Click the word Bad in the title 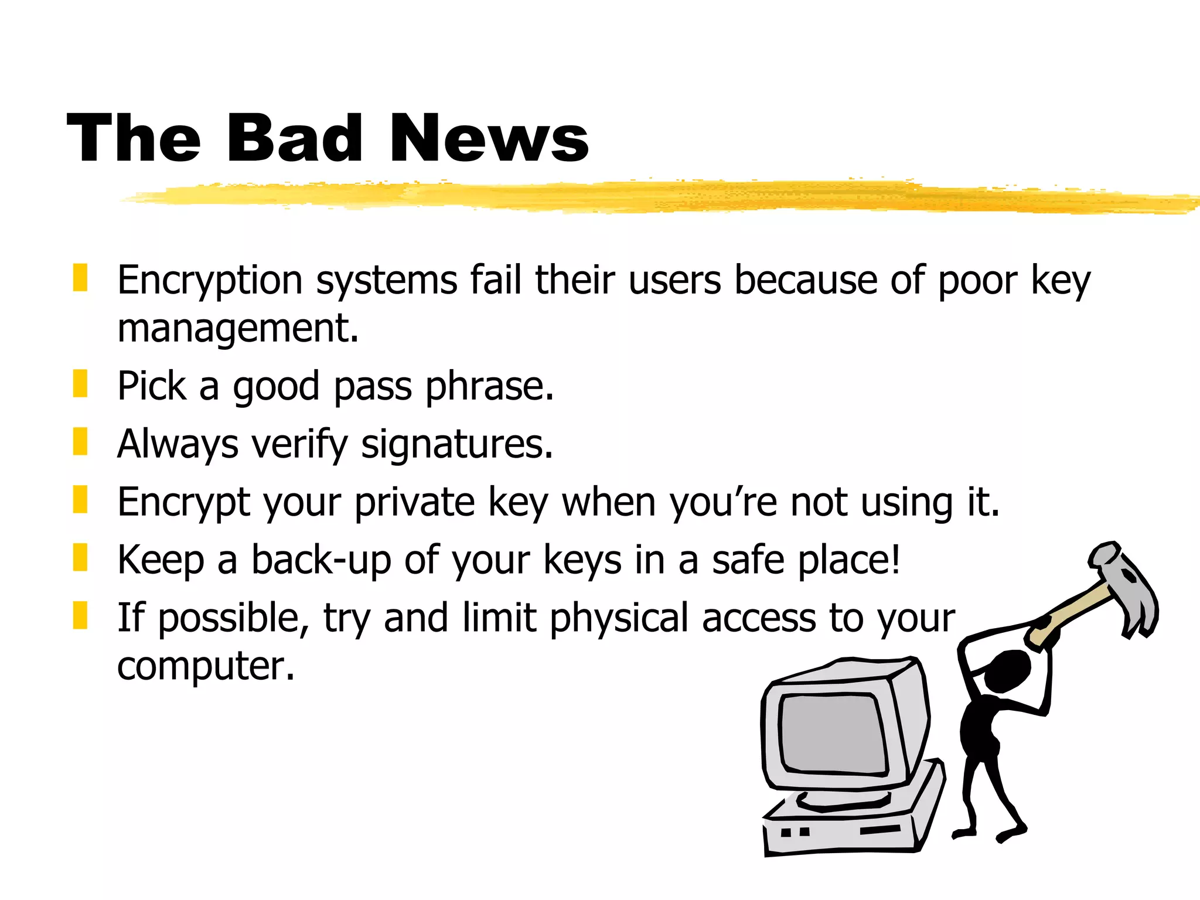[294, 138]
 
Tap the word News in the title [489, 138]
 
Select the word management [237, 328]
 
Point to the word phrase [489, 387]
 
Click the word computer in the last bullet [205, 666]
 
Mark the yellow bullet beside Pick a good [80, 384]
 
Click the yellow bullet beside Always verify [80, 441]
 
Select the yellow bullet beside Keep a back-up [80, 557]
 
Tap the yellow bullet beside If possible [80, 615]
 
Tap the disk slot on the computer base [879, 830]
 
